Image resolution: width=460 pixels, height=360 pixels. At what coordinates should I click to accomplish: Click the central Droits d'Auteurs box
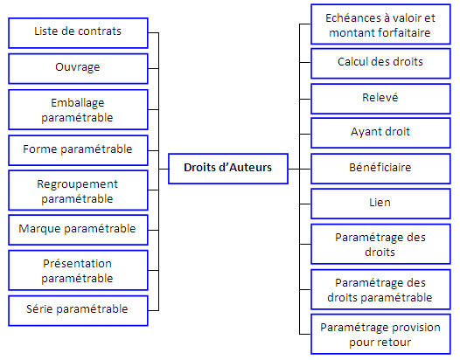(x=228, y=169)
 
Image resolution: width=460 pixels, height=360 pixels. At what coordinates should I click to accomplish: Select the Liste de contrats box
(x=78, y=33)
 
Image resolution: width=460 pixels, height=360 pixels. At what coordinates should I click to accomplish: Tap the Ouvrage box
(x=78, y=69)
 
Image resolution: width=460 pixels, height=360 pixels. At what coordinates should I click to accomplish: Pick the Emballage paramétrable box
(x=78, y=109)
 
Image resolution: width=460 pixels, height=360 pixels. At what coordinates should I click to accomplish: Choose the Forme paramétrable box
(x=78, y=150)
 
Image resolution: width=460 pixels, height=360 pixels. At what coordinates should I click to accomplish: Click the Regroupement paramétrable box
(x=78, y=190)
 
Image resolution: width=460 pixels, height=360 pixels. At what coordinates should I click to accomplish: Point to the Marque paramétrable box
(x=78, y=230)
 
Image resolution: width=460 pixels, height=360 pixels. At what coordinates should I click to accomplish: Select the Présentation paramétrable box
(x=78, y=270)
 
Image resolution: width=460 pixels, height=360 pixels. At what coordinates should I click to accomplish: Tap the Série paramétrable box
(x=78, y=311)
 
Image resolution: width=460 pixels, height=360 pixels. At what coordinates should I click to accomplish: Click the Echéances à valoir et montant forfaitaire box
(x=380, y=24)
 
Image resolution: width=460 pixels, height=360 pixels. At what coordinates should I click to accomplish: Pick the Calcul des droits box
(x=380, y=64)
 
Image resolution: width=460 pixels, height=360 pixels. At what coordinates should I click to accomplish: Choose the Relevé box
(x=380, y=99)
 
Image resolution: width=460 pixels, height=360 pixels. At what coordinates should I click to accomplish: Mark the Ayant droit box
(x=380, y=133)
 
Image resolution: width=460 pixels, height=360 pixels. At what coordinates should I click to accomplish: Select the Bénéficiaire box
(x=380, y=169)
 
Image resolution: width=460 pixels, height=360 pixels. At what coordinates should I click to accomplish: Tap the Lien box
(x=380, y=204)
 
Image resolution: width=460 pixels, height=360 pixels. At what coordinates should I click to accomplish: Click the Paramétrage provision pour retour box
(x=380, y=334)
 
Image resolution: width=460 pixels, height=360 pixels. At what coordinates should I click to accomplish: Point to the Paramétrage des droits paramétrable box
(x=380, y=289)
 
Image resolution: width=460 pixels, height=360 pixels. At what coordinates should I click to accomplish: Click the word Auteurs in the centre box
(x=250, y=168)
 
